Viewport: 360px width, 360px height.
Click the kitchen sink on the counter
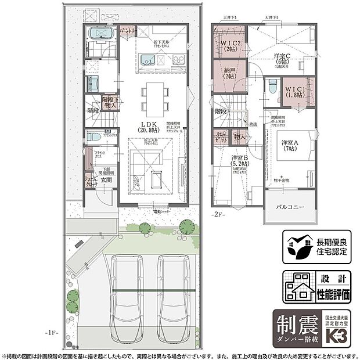click(x=148, y=59)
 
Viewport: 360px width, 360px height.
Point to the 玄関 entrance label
click(x=106, y=181)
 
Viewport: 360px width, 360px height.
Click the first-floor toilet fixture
click(x=93, y=138)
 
